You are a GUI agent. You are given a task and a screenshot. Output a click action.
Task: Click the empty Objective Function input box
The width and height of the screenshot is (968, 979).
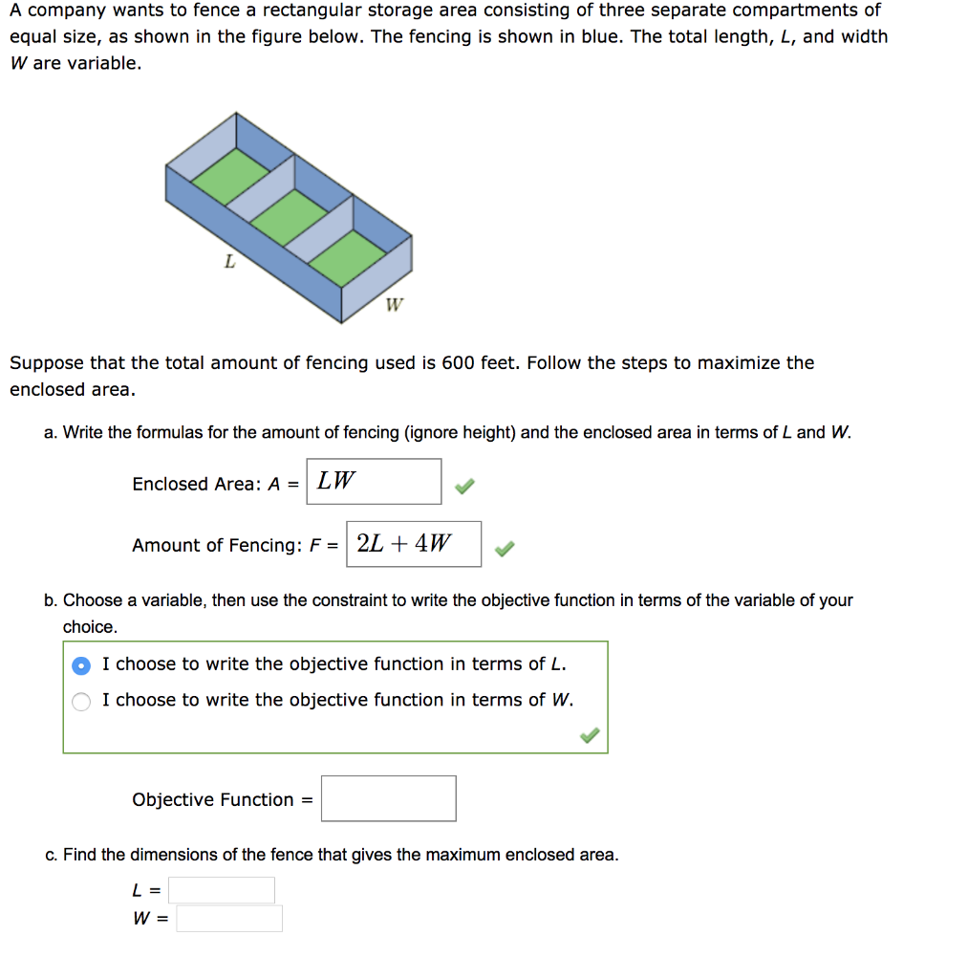388,798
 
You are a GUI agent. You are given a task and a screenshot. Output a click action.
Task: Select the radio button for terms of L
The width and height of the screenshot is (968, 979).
83,664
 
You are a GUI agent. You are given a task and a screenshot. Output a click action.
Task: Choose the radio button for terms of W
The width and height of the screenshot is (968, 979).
83,701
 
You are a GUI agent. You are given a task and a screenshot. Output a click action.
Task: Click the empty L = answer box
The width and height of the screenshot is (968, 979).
222,890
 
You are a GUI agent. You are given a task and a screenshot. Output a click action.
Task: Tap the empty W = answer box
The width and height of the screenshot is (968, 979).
229,919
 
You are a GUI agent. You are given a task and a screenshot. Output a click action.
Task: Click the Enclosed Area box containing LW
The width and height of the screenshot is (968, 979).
374,481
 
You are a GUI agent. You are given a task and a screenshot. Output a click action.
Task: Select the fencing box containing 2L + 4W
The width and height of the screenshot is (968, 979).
414,544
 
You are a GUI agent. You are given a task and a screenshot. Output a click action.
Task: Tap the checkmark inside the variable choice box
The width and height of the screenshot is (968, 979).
591,735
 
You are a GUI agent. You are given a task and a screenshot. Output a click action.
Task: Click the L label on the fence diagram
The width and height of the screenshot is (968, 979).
229,260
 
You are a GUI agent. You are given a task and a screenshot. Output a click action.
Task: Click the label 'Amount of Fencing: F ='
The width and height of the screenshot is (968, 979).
235,545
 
